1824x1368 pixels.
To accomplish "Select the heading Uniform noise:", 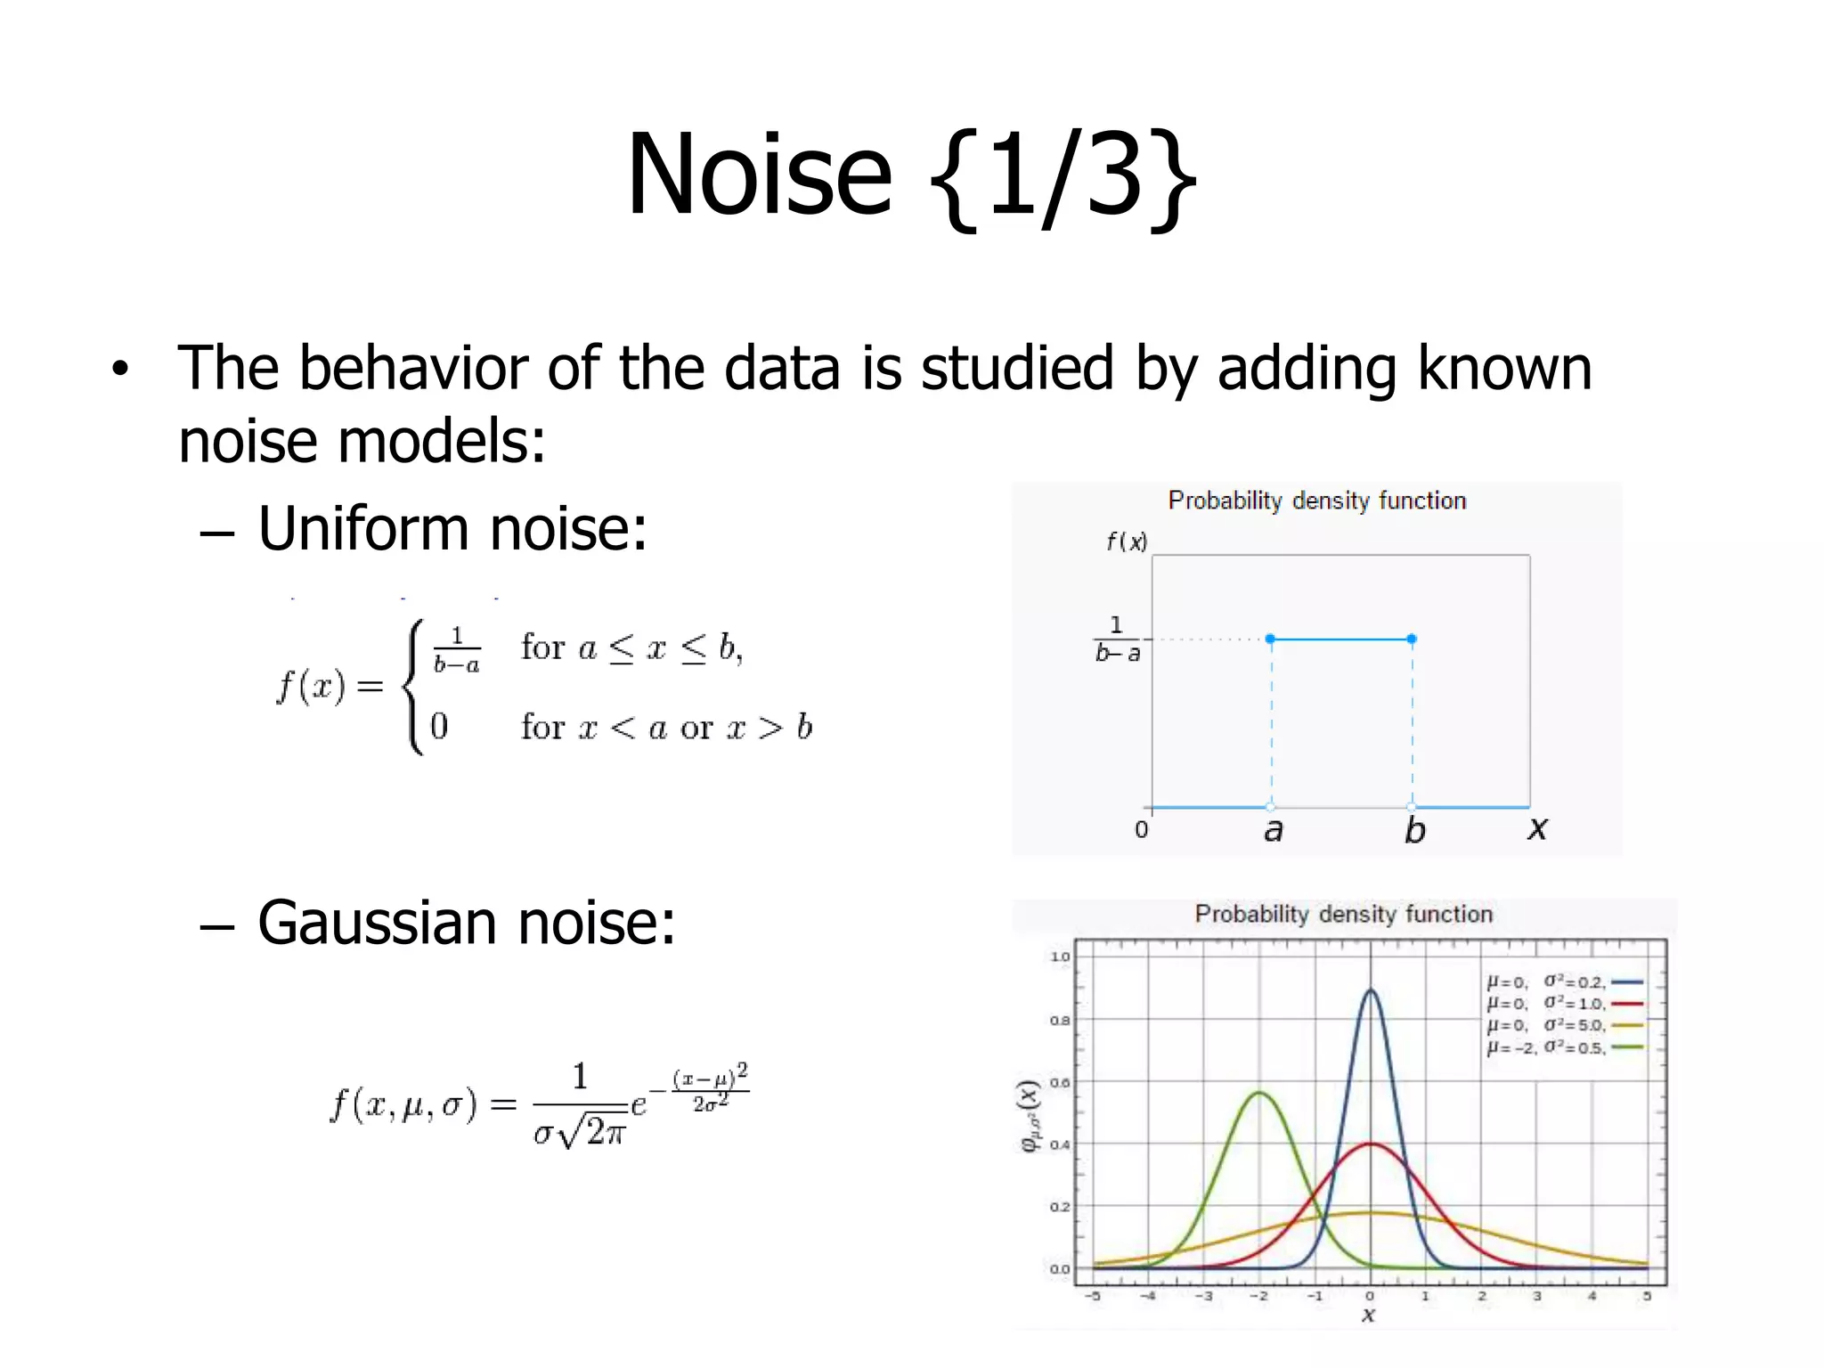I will (452, 528).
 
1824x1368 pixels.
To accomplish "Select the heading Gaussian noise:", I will (466, 923).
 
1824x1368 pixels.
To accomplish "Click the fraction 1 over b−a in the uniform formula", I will (457, 649).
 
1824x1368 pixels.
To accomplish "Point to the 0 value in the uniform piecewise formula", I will (439, 726).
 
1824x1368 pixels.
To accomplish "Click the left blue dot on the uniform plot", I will (1270, 639).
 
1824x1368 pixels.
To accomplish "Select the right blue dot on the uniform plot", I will (1412, 639).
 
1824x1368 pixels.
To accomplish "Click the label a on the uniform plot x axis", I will (1274, 830).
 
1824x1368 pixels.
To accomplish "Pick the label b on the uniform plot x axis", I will (1414, 830).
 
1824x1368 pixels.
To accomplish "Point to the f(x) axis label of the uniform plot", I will (1127, 541).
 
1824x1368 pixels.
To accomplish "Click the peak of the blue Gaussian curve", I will (1370, 989).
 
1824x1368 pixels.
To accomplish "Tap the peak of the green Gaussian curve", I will (1259, 1093).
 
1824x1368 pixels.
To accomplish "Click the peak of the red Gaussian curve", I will (1370, 1144).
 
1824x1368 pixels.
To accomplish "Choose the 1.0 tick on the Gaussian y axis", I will (1060, 957).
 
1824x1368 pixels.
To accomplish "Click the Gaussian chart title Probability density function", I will (1343, 915).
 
